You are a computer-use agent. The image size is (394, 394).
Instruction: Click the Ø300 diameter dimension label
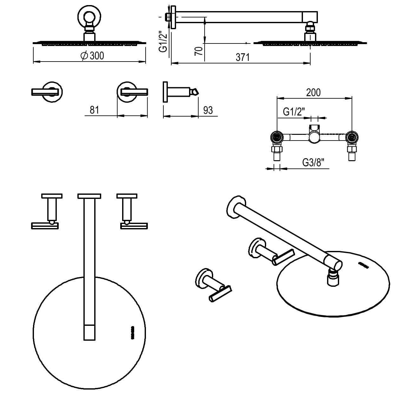(92, 56)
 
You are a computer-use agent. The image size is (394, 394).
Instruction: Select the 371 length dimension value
(242, 57)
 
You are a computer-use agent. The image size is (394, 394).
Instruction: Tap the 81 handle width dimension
(95, 110)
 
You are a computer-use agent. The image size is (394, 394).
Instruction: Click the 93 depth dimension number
(208, 110)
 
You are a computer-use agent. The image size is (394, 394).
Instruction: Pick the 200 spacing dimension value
(313, 92)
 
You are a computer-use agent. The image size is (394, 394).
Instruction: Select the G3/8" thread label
(312, 163)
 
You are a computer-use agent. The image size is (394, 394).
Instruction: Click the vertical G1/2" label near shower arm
(163, 41)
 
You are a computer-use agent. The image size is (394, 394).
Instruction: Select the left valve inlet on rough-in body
(277, 137)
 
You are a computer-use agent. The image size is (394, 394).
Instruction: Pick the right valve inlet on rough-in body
(351, 137)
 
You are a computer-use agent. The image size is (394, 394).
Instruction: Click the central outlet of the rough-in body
(314, 136)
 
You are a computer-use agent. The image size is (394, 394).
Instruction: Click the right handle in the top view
(134, 226)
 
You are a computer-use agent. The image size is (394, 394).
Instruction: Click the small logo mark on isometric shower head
(364, 265)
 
